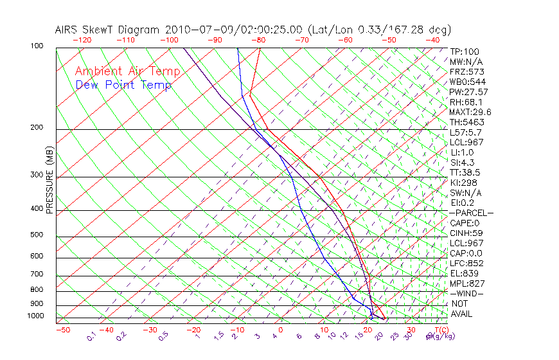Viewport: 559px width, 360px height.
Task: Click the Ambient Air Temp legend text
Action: coord(127,71)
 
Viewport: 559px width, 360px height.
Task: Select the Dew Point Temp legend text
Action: coord(123,85)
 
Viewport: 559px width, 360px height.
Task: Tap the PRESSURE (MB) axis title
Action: coord(49,179)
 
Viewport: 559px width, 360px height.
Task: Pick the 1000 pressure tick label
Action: coord(36,316)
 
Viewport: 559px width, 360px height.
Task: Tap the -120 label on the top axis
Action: coord(82,40)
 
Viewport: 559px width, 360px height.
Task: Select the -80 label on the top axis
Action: coord(258,40)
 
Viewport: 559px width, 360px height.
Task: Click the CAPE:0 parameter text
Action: coord(466,223)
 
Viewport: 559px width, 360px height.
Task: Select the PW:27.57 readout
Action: coord(468,92)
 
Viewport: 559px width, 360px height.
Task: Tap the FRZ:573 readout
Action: coord(466,72)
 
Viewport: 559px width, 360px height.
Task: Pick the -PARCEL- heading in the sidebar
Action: coord(471,213)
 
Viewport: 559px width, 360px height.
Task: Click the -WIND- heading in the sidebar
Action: coord(466,293)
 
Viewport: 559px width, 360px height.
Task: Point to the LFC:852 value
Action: coord(466,263)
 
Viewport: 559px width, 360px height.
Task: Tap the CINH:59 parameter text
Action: coord(466,233)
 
